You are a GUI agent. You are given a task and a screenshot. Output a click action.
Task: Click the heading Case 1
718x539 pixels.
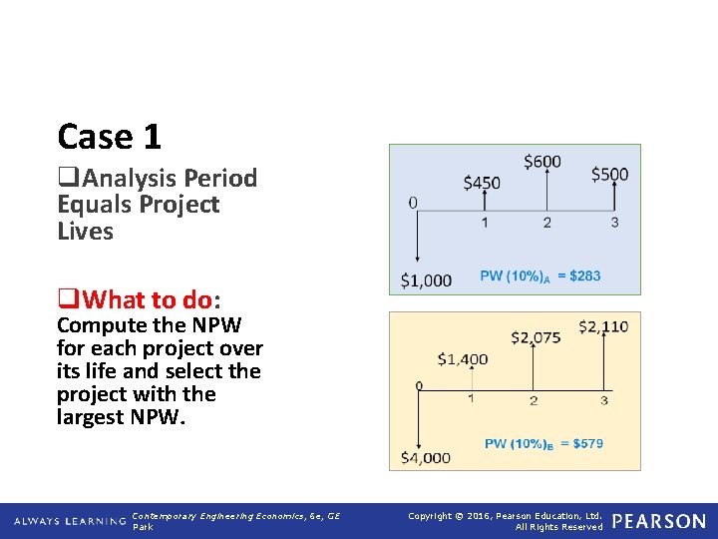pyautogui.click(x=109, y=136)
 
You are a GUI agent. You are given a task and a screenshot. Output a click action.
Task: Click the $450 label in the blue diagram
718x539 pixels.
pyautogui.click(x=482, y=183)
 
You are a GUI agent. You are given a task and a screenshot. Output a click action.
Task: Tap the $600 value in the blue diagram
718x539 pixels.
pyautogui.click(x=542, y=161)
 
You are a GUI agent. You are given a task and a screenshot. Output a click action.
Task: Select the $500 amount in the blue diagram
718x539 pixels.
pyautogui.click(x=609, y=174)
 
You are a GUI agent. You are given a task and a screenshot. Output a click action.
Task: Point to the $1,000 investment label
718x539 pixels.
pyautogui.click(x=426, y=280)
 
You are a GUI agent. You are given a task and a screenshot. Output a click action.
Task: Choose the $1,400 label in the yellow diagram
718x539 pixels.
pyautogui.click(x=463, y=359)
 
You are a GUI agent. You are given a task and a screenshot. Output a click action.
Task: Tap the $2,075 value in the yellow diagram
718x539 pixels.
pyautogui.click(x=536, y=338)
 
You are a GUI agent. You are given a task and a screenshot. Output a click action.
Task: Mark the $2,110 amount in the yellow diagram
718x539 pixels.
pyautogui.click(x=603, y=327)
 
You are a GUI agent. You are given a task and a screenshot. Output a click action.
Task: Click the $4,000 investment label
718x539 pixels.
pyautogui.click(x=426, y=457)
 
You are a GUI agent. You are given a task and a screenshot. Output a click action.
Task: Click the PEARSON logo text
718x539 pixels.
pyautogui.click(x=658, y=521)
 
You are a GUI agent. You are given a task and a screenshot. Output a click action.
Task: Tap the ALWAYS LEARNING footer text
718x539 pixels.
pyautogui.click(x=70, y=521)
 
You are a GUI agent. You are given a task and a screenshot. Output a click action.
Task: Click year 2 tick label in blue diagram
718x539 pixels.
pyautogui.click(x=546, y=223)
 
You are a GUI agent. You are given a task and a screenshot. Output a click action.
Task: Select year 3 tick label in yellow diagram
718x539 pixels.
pyautogui.click(x=603, y=400)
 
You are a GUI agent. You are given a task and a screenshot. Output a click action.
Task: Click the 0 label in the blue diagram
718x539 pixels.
pyautogui.click(x=413, y=203)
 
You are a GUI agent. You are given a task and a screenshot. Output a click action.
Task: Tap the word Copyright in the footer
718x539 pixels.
pyautogui.click(x=433, y=516)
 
